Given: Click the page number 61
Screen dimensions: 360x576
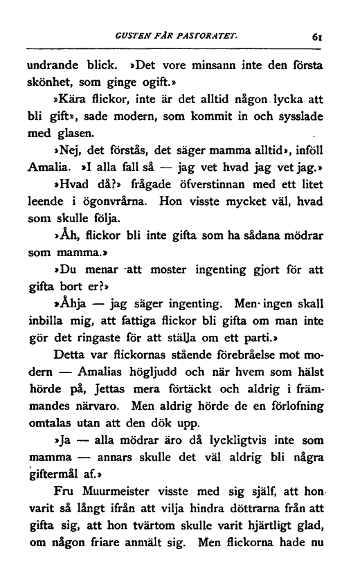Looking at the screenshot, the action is click(x=319, y=39).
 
